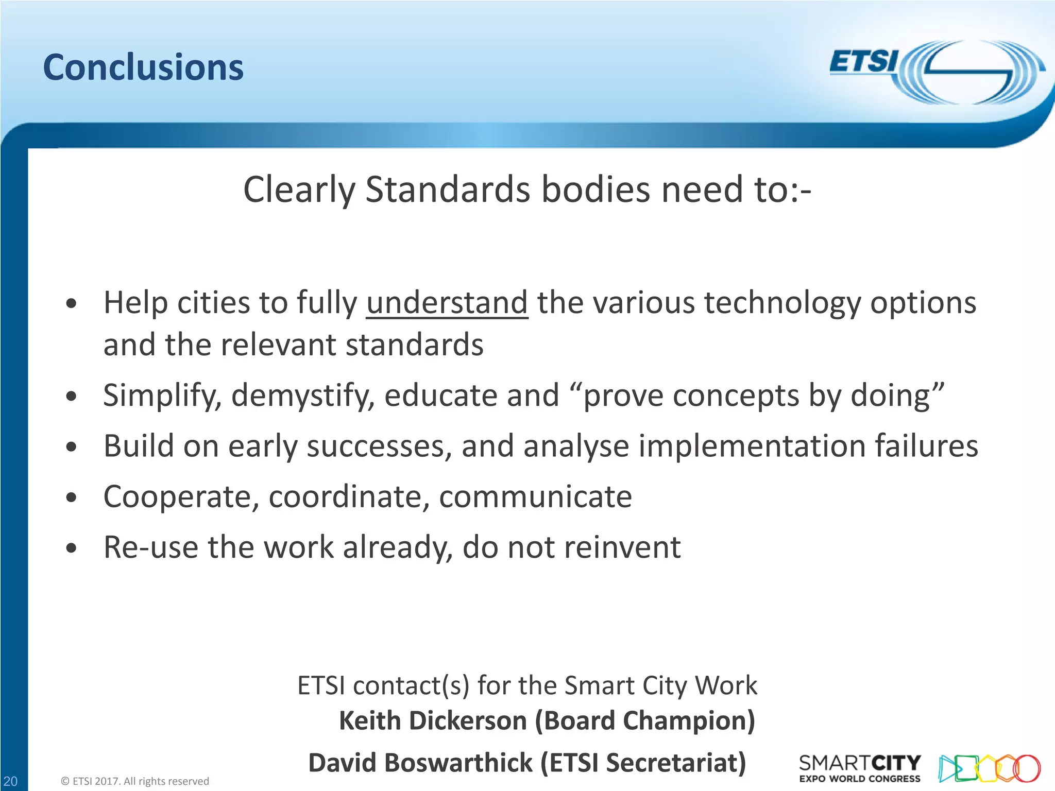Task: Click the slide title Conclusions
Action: tap(143, 67)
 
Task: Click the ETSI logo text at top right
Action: tap(863, 62)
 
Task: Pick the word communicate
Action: tap(535, 496)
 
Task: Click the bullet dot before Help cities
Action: tap(72, 304)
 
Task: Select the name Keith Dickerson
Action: tap(433, 720)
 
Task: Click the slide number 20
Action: tap(10, 781)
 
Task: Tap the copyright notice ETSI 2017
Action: tap(135, 781)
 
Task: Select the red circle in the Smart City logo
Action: tap(1027, 768)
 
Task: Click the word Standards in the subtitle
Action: tap(448, 190)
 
